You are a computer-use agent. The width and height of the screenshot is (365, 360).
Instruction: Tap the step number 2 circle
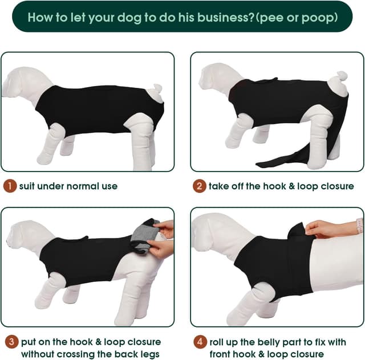click(199, 186)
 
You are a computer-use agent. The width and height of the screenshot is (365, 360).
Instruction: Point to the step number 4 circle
click(199, 342)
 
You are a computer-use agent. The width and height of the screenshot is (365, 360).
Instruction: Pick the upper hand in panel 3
click(165, 229)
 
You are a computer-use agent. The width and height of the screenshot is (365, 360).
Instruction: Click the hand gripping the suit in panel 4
click(321, 229)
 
